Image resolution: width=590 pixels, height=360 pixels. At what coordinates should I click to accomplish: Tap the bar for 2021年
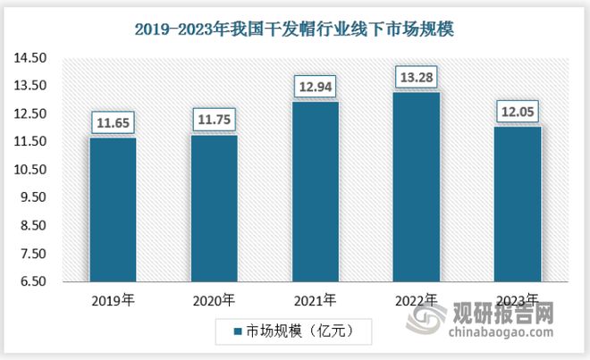click(x=315, y=191)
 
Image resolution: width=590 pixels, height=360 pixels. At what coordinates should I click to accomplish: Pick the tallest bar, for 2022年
click(x=416, y=187)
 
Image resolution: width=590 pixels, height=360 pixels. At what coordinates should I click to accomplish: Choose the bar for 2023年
click(x=517, y=204)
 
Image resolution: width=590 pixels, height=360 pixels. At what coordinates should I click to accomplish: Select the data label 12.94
click(x=315, y=87)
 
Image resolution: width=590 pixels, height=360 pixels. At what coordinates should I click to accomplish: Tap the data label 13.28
click(x=416, y=77)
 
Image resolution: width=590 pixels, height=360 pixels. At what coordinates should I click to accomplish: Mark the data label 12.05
click(x=517, y=112)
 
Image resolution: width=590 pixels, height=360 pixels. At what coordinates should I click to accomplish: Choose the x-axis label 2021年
click(x=315, y=299)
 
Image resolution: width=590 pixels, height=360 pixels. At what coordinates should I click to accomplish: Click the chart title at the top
click(x=294, y=29)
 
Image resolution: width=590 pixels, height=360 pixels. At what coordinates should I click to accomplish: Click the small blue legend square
click(x=238, y=332)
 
